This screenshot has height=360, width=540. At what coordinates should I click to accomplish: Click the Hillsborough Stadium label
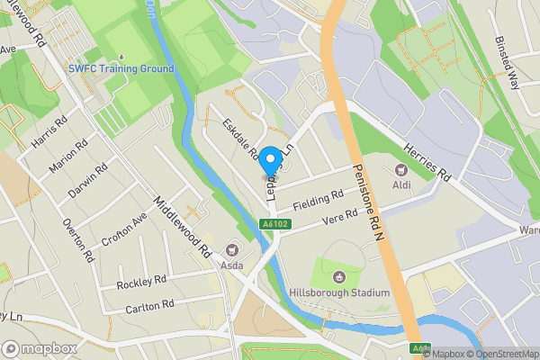click(339, 292)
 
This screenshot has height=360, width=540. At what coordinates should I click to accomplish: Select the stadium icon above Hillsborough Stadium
click(339, 276)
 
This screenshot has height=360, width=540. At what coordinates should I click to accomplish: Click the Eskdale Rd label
click(240, 139)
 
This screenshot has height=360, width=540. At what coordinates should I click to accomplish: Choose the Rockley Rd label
click(141, 283)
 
